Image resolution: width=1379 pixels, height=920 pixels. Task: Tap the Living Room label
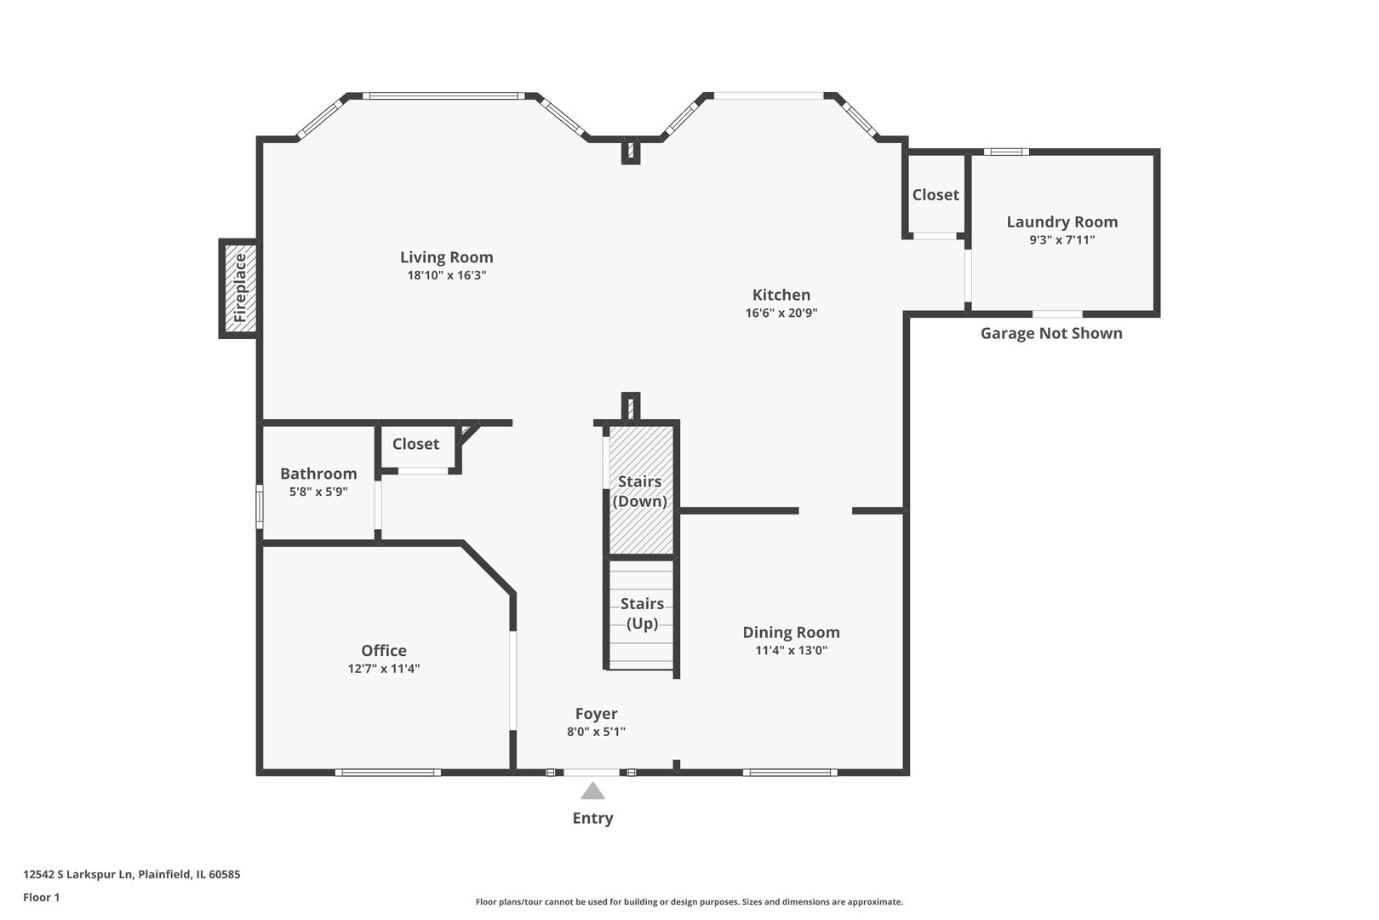(x=446, y=257)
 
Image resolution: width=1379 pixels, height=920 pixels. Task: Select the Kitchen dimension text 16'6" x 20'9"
(x=781, y=313)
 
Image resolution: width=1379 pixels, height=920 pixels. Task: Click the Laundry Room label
(x=1061, y=221)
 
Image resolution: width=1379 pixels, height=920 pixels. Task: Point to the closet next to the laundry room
(x=936, y=195)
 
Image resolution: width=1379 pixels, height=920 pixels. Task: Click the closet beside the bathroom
(x=415, y=444)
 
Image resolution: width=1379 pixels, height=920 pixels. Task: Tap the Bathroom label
(x=318, y=474)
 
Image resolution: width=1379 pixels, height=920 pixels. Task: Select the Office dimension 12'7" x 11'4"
(x=383, y=669)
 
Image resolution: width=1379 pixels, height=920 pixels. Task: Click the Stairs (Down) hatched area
(x=640, y=492)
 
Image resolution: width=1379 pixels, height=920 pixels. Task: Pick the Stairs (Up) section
(x=642, y=613)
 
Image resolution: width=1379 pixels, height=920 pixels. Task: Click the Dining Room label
(x=791, y=632)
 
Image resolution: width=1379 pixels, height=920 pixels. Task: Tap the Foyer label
(x=596, y=714)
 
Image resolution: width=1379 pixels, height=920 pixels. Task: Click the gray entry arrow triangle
(x=592, y=792)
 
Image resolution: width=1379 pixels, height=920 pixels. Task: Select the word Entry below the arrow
(x=592, y=818)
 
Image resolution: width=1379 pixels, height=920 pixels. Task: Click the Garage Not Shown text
(x=1050, y=333)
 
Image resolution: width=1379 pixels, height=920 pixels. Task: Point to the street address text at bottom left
(x=131, y=874)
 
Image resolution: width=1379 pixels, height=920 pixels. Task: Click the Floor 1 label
(x=41, y=897)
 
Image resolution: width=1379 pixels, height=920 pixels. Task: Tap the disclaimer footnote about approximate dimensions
(x=689, y=901)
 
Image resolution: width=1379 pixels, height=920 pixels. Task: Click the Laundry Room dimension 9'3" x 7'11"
(x=1061, y=240)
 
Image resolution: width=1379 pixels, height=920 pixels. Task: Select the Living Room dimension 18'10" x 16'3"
(x=446, y=276)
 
